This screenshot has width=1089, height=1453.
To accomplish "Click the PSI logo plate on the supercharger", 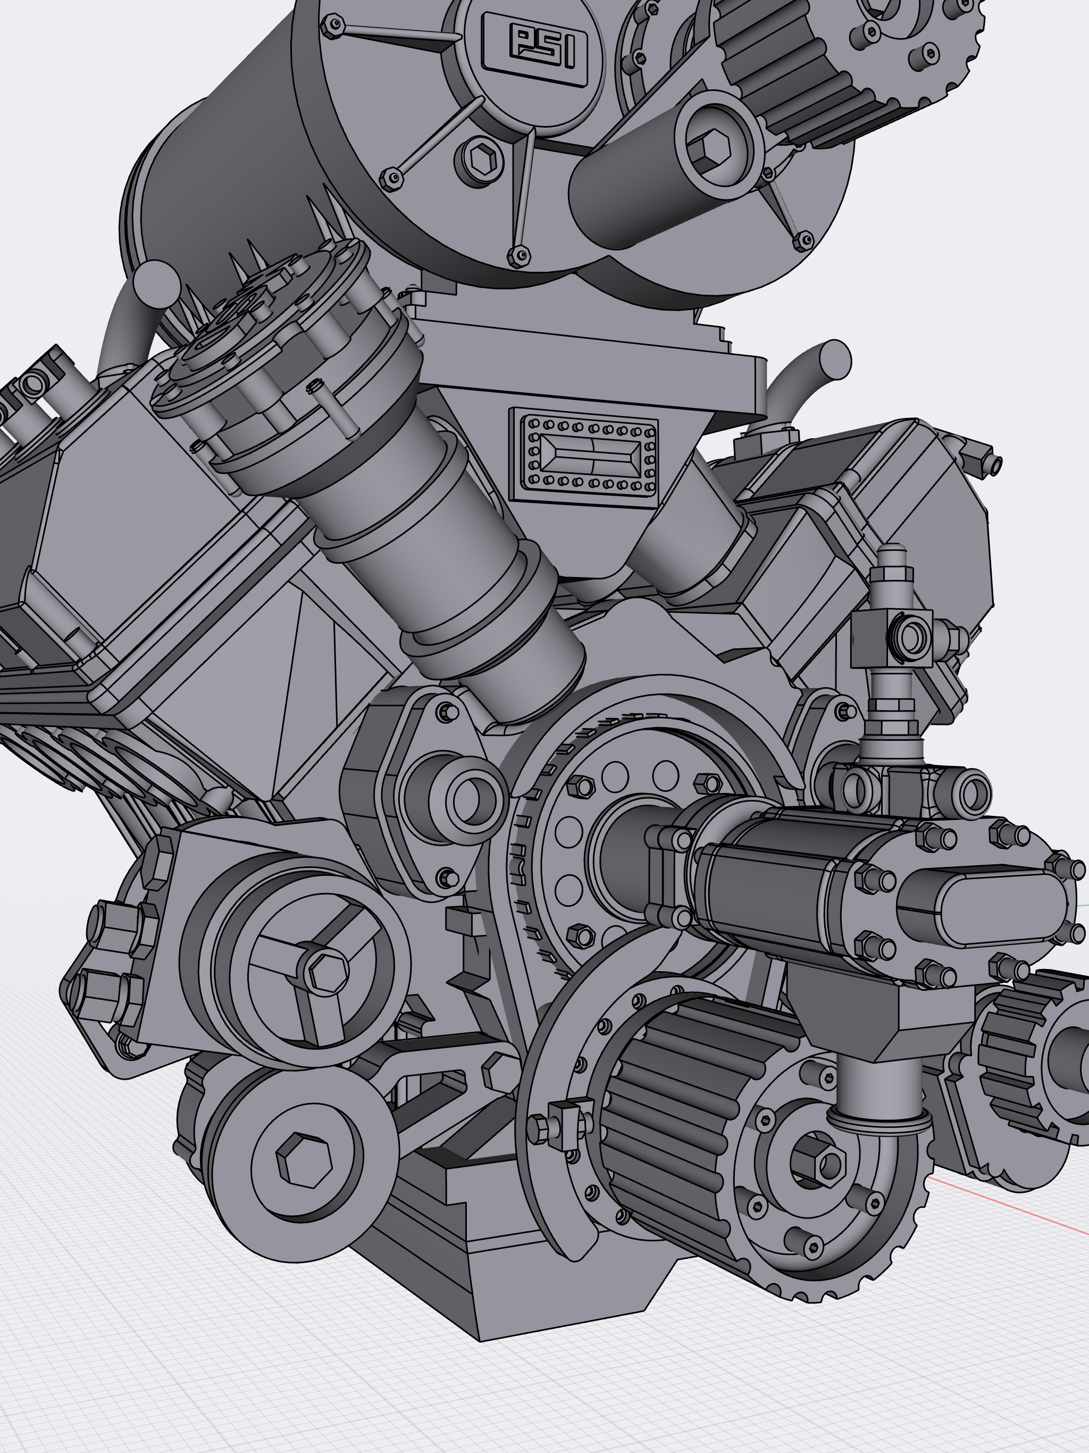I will [535, 49].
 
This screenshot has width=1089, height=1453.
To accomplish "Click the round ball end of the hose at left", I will [156, 282].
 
